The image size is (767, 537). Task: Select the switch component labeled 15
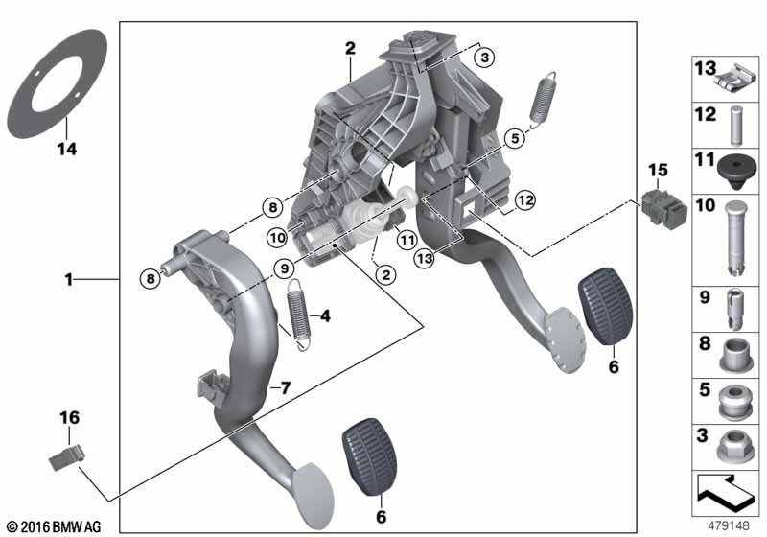[663, 208]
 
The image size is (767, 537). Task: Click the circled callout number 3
[484, 58]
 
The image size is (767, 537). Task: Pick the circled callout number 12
[525, 200]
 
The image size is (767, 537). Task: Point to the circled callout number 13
[424, 258]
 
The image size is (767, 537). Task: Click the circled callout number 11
[407, 240]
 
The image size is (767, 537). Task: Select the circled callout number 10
[277, 238]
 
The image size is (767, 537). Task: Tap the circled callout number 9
[284, 268]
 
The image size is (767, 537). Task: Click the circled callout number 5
[515, 138]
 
